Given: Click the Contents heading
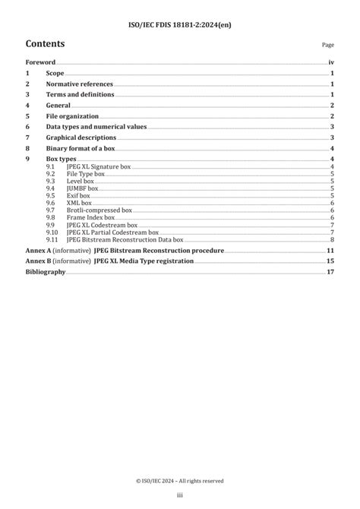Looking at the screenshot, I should [45, 44].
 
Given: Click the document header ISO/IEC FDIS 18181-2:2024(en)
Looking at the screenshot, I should [180, 10].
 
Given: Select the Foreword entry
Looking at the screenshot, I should [41, 62].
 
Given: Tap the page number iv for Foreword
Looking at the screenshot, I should [331, 62].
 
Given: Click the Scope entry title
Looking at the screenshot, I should [55, 73].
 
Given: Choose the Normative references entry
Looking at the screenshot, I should [79, 84].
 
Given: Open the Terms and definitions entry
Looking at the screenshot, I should [80, 94].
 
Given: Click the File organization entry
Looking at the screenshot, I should [72, 116].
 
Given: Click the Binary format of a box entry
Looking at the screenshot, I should [84, 148].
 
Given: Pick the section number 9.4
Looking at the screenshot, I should [49, 188].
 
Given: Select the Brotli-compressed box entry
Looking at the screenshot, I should [99, 210].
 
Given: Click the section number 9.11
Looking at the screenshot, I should [51, 240].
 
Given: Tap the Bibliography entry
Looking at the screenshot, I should [46, 270].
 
